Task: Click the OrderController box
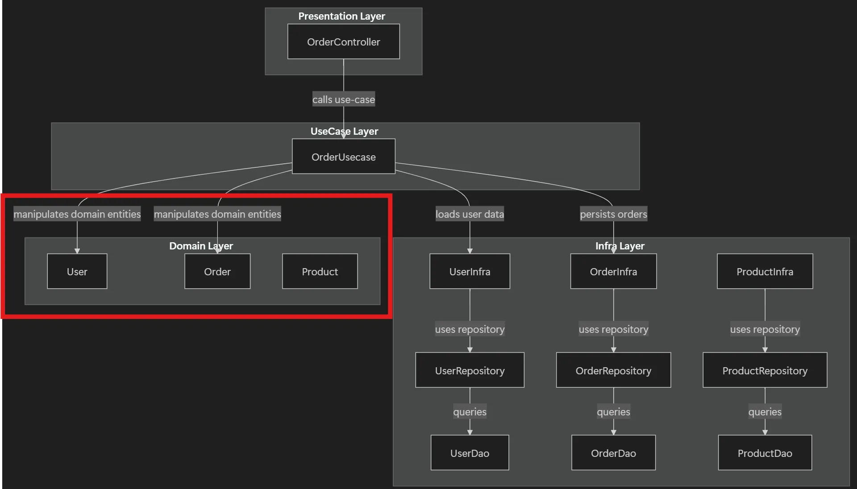[x=343, y=41]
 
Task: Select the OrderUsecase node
[x=343, y=157]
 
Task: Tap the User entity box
[x=77, y=271]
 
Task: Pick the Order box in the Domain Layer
[x=217, y=271]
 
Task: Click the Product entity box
[x=320, y=271]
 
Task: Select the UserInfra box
[x=470, y=271]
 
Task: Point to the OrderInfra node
[x=613, y=271]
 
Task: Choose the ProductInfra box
[x=765, y=271]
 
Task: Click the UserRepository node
[x=470, y=370]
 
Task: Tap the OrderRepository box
[x=613, y=370]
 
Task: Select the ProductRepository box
[x=765, y=370]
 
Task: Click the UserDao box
[x=470, y=453]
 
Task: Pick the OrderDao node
[x=613, y=453]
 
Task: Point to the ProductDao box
[x=765, y=453]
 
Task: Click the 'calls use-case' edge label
[x=343, y=99]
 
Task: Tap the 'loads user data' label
[x=470, y=214]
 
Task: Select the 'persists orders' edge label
[x=613, y=214]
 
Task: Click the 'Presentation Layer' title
[x=341, y=16]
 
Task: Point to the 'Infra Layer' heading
[x=620, y=246]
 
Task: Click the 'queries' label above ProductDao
[x=765, y=412]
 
